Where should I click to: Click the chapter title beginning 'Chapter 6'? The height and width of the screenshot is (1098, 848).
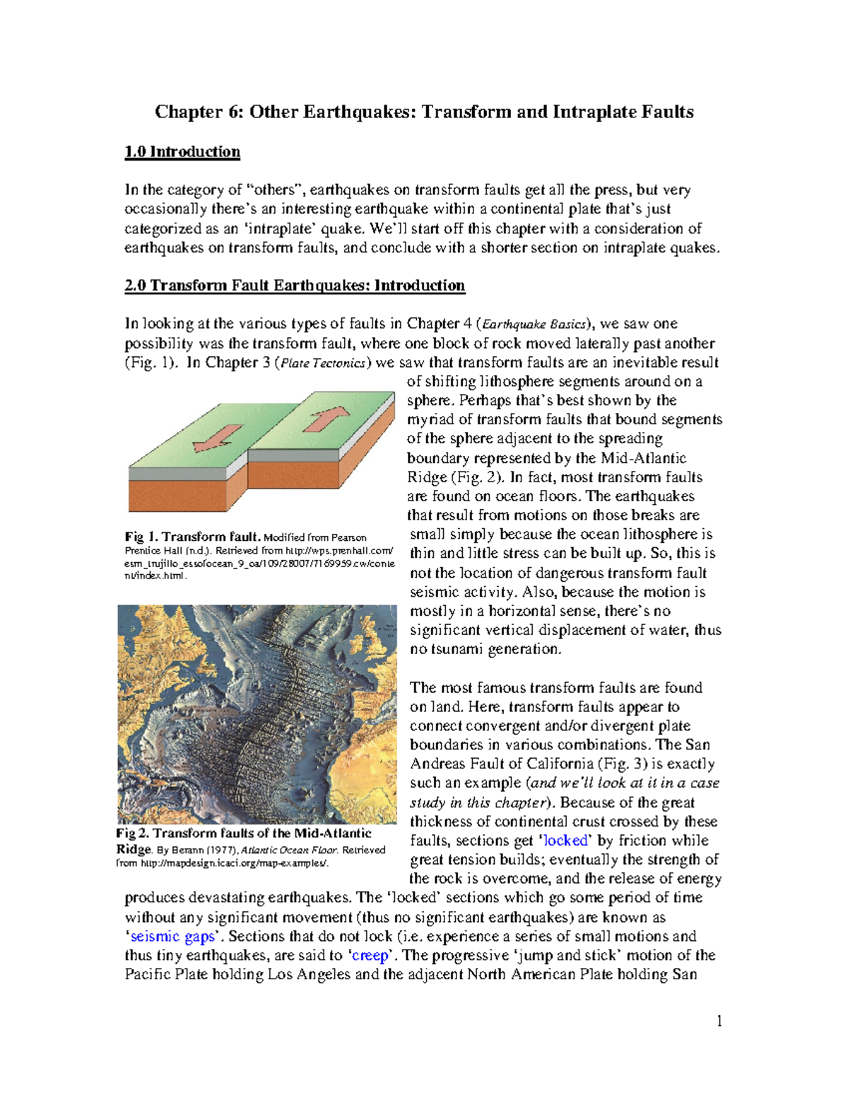point(424,112)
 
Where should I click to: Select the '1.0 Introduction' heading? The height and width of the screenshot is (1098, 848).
point(182,152)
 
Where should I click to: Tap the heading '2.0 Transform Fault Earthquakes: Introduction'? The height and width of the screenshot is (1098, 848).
point(295,286)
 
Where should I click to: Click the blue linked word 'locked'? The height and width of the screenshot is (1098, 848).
point(565,841)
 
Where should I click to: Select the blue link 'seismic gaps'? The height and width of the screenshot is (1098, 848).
point(173,937)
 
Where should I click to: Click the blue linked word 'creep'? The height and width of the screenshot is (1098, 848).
point(370,956)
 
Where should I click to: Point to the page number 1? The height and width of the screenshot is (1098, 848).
point(719,1021)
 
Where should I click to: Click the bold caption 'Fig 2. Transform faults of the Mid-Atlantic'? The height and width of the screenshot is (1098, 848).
point(244,834)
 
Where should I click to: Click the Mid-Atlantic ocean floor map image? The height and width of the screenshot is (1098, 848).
point(257,714)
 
